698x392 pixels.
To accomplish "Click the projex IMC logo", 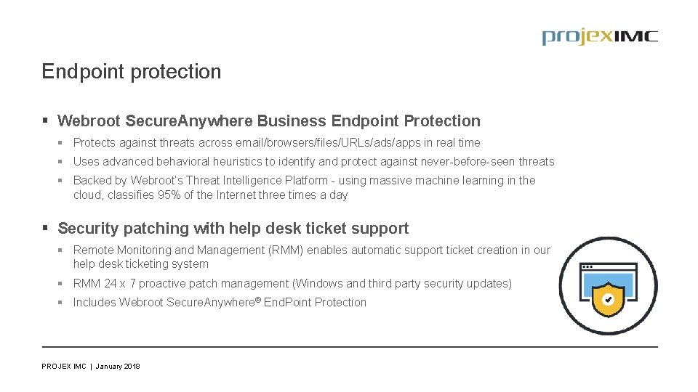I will [599, 37].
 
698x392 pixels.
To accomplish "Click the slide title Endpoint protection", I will [131, 72].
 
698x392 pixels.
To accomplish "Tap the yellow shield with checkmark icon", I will [608, 299].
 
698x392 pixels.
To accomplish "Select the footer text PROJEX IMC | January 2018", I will [91, 367].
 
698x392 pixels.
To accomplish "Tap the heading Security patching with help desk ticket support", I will [233, 229].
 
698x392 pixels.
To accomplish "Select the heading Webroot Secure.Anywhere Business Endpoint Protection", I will [268, 121].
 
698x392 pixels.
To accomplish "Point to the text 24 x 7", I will [120, 284].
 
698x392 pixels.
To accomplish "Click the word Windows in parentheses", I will [321, 284].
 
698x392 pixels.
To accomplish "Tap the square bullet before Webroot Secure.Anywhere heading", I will [46, 121].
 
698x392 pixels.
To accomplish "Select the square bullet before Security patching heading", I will [46, 229].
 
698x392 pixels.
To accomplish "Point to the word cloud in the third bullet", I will [89, 195].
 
